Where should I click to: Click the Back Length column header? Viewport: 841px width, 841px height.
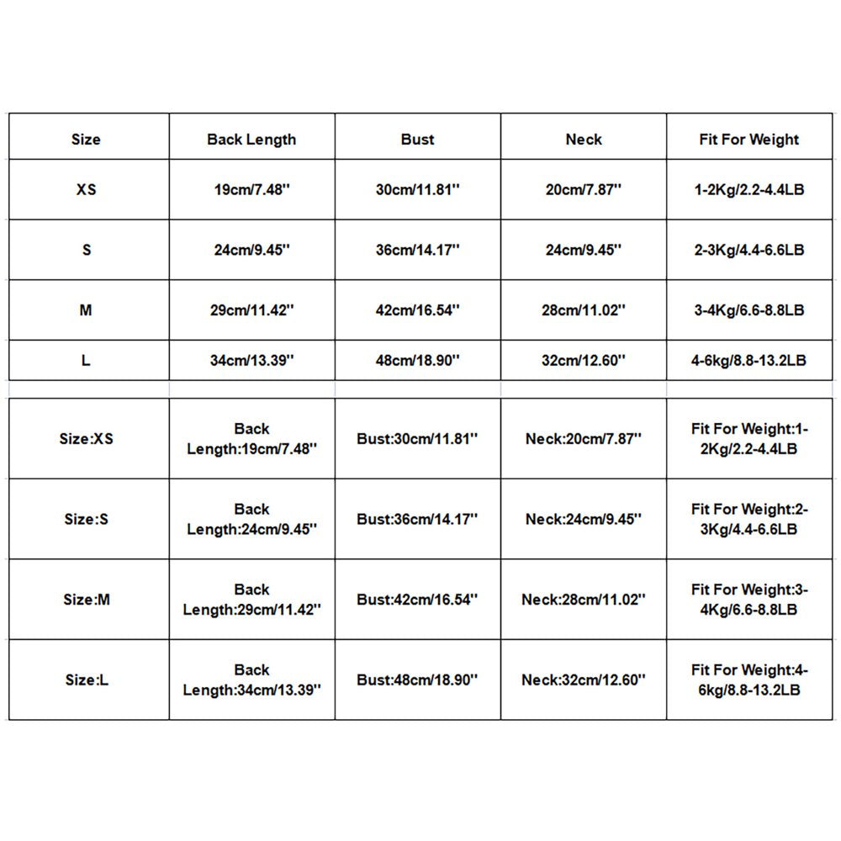coord(251,140)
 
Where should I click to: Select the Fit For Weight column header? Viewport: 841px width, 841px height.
coord(749,140)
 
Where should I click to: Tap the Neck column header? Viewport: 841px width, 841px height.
coord(584,140)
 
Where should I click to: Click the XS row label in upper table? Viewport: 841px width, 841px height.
coord(87,189)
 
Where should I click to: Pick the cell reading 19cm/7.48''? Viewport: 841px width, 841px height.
coord(251,189)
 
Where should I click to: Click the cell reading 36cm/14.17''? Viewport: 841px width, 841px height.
coord(418,250)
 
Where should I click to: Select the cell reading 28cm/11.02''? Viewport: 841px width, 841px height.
coord(584,310)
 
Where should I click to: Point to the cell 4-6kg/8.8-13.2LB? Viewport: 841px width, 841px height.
coord(749,360)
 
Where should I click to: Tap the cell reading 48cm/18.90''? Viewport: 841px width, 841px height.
coord(418,360)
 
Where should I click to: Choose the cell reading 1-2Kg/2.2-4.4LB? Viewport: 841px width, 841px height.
coord(749,189)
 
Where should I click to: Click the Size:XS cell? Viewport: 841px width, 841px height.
coord(87,438)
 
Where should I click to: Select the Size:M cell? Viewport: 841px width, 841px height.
coord(87,600)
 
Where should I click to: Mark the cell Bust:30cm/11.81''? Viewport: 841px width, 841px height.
coord(418,438)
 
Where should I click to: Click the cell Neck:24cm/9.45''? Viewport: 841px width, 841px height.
coord(584,519)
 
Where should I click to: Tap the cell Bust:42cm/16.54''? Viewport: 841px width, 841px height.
coord(418,600)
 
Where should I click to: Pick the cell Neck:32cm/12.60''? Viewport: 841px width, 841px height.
coord(584,680)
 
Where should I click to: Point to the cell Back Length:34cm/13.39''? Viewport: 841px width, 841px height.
coord(251,680)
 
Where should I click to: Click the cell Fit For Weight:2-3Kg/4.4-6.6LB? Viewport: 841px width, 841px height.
coord(749,519)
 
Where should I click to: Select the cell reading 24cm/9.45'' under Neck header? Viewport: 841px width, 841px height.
coord(584,250)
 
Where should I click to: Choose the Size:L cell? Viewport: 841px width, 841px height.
coord(87,680)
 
